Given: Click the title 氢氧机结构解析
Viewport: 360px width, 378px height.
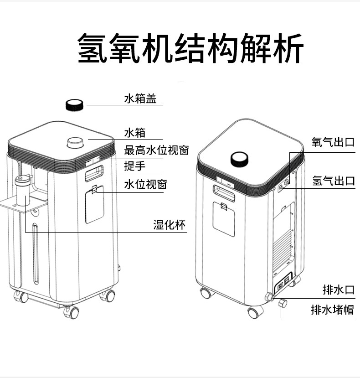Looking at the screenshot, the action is point(190,48).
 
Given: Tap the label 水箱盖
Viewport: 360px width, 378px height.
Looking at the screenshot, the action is point(140,98).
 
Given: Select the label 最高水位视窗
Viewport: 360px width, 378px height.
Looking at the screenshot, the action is point(156,150).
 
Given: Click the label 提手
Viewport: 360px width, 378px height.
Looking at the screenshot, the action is point(135,166).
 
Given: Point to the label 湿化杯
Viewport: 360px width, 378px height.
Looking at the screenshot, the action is point(170,225).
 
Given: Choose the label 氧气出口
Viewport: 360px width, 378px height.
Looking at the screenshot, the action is point(333,142).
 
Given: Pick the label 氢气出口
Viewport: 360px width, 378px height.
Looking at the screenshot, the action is point(334,181).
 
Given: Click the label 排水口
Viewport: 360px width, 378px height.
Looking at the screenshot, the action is point(339,290).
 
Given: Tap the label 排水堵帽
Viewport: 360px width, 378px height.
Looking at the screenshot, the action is point(333,310).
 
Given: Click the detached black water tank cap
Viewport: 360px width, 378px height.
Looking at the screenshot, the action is point(75,105).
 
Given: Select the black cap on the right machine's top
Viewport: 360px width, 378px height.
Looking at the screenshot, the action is point(239,159).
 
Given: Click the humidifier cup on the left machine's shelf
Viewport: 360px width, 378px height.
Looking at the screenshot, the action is point(22,191).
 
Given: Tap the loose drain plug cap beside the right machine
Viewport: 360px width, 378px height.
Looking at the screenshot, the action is point(283,303).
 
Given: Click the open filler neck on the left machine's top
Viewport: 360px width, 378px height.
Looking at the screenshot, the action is point(75,143).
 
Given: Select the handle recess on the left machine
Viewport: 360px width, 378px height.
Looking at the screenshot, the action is point(94,173).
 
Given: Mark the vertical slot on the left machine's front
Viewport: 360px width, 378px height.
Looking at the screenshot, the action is point(36,254).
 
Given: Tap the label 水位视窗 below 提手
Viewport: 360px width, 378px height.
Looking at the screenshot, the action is point(145,184).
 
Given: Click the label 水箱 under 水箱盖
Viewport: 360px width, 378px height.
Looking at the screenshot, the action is point(135,133).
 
